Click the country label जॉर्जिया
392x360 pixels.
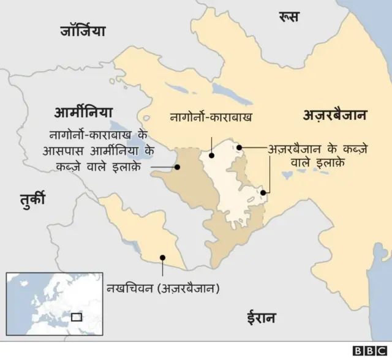click(83, 30)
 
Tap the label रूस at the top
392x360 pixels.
click(288, 16)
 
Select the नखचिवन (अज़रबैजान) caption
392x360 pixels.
click(162, 288)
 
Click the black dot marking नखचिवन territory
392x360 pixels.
click(162, 258)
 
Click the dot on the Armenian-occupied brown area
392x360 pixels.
click(177, 166)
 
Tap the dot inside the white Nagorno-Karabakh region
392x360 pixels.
click(211, 155)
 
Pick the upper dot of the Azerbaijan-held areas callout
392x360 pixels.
click(241, 148)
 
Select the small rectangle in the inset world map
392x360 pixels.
click(77, 317)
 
